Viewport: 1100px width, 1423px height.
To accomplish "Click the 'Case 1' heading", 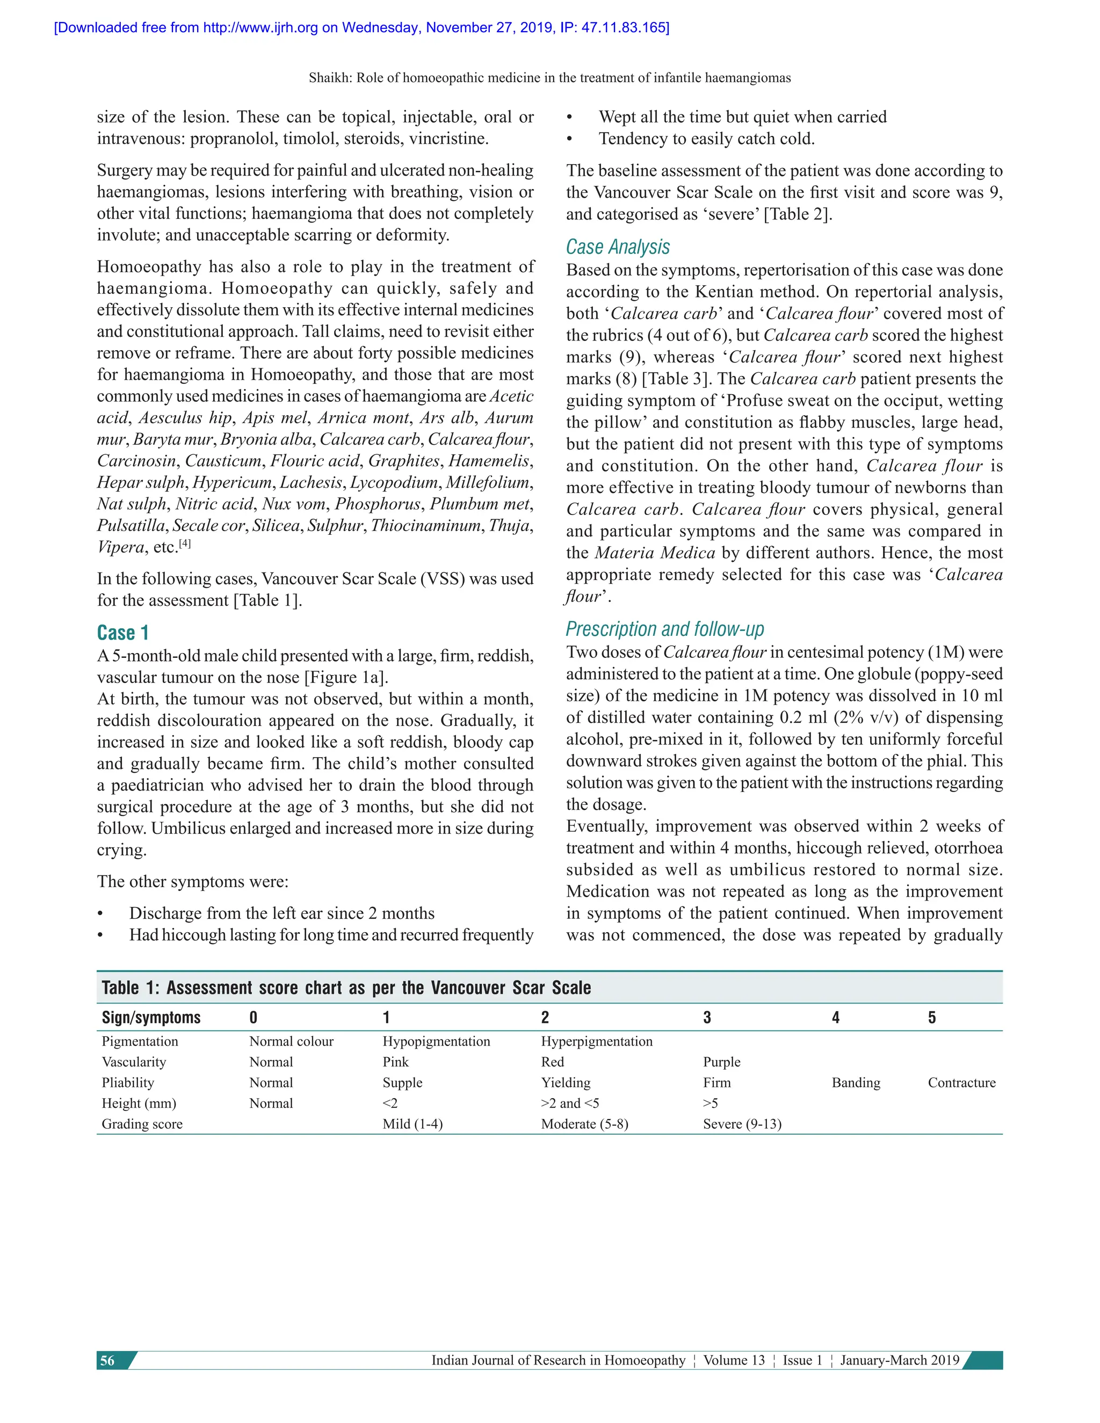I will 123,633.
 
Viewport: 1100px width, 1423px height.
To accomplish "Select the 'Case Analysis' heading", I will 617,247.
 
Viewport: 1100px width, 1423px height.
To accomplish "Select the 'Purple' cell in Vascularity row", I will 721,1062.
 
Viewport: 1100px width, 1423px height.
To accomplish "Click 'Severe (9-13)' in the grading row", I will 742,1124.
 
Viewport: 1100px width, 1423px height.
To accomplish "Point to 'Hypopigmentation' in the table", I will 436,1041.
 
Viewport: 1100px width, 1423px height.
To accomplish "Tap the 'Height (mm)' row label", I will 139,1103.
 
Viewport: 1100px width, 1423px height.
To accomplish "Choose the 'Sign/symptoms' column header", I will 151,1018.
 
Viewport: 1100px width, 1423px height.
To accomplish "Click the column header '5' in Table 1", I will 932,1018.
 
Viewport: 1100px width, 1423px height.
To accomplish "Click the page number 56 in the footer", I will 107,1361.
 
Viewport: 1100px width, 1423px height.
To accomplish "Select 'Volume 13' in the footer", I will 734,1361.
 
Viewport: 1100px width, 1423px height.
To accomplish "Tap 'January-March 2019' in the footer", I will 899,1361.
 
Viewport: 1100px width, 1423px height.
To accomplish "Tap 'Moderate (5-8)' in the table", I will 584,1124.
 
